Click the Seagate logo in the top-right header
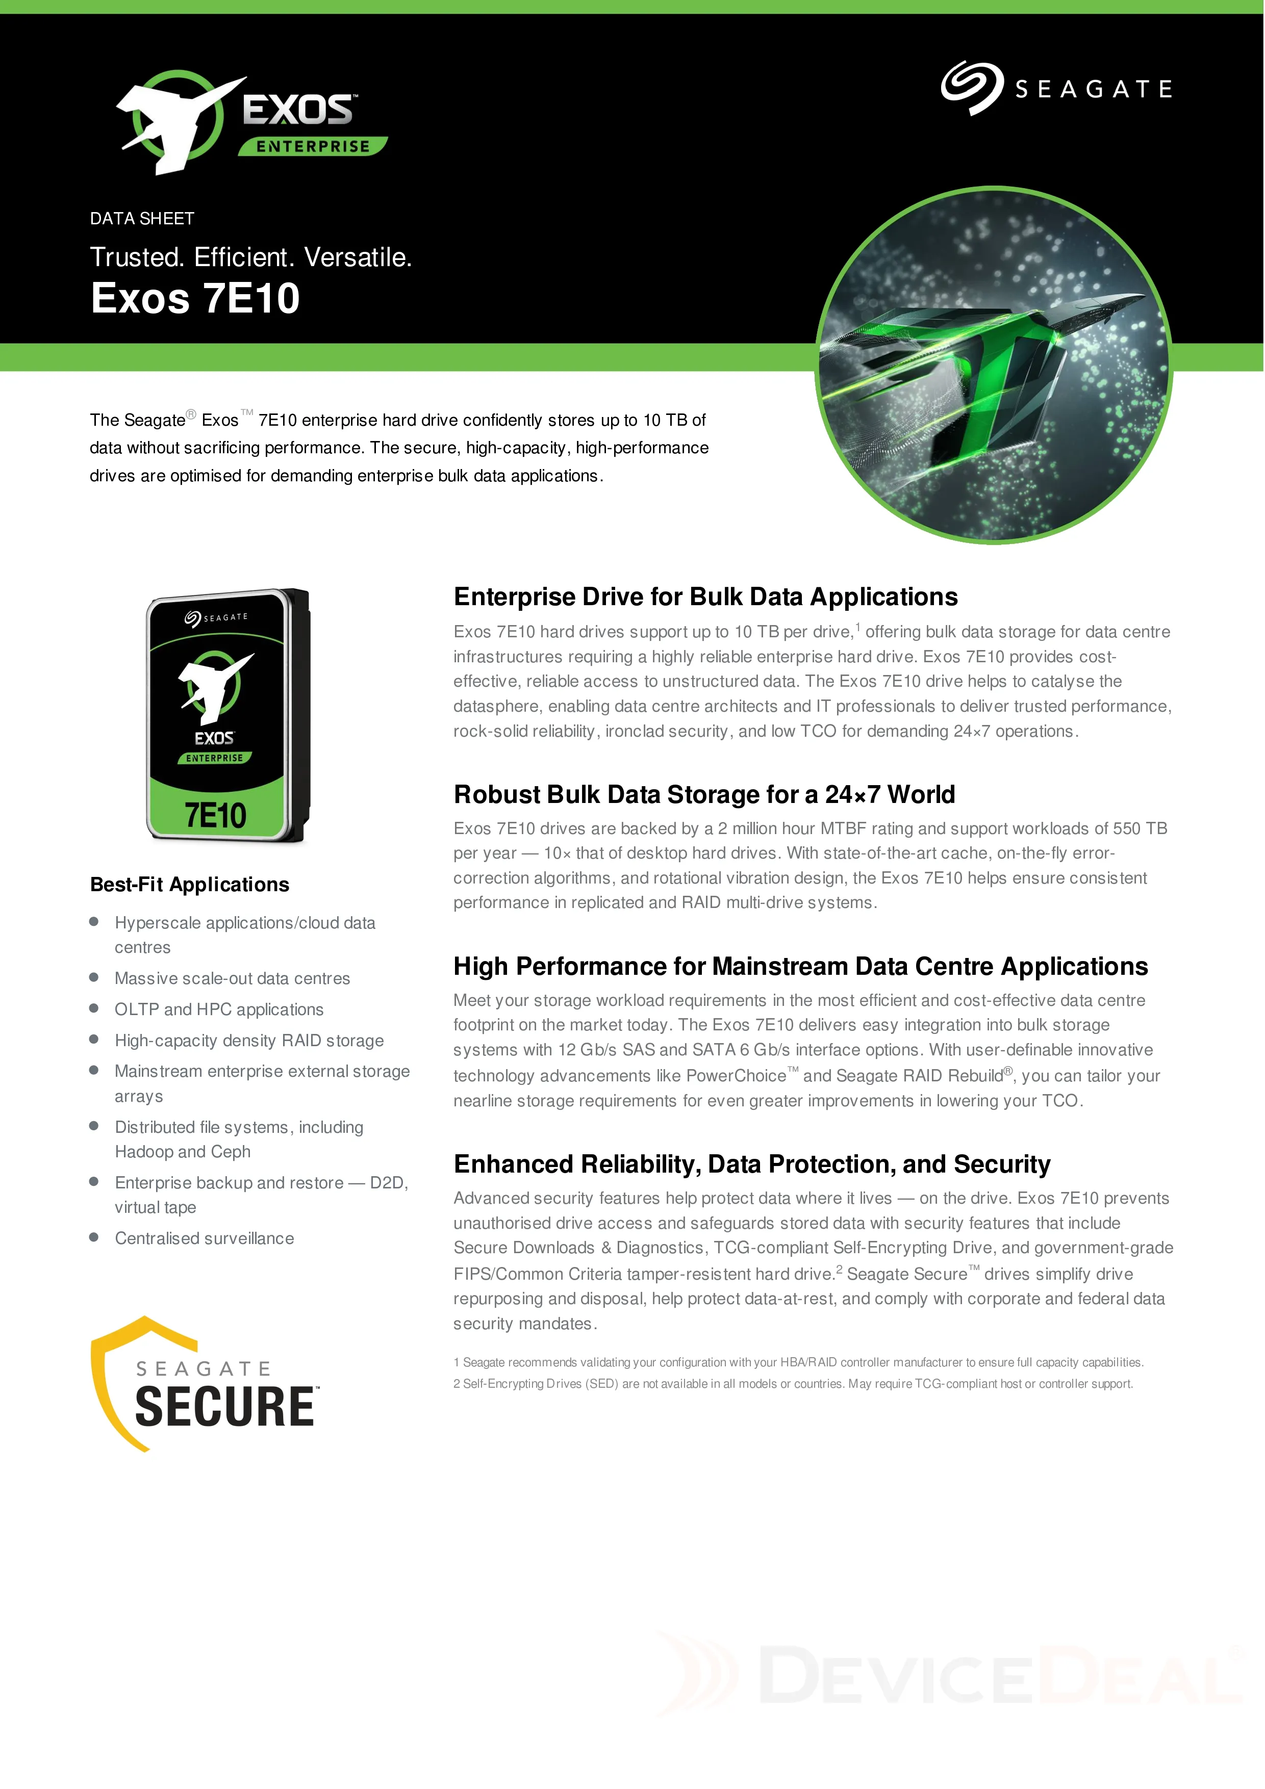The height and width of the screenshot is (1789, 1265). (1056, 89)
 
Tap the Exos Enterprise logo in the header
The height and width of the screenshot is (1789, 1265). (251, 123)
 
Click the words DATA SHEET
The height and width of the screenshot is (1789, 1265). (142, 219)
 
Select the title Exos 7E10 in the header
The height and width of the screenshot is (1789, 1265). (195, 298)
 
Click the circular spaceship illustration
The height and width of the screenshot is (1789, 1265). (993, 365)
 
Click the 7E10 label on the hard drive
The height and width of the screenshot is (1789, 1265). (215, 816)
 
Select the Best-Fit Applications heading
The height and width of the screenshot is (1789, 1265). (189, 885)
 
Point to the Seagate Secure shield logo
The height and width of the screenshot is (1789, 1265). (204, 1384)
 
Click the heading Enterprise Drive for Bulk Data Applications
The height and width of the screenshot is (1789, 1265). (705, 597)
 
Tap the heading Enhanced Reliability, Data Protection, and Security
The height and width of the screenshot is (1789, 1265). (752, 1164)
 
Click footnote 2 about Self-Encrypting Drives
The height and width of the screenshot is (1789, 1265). (793, 1383)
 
